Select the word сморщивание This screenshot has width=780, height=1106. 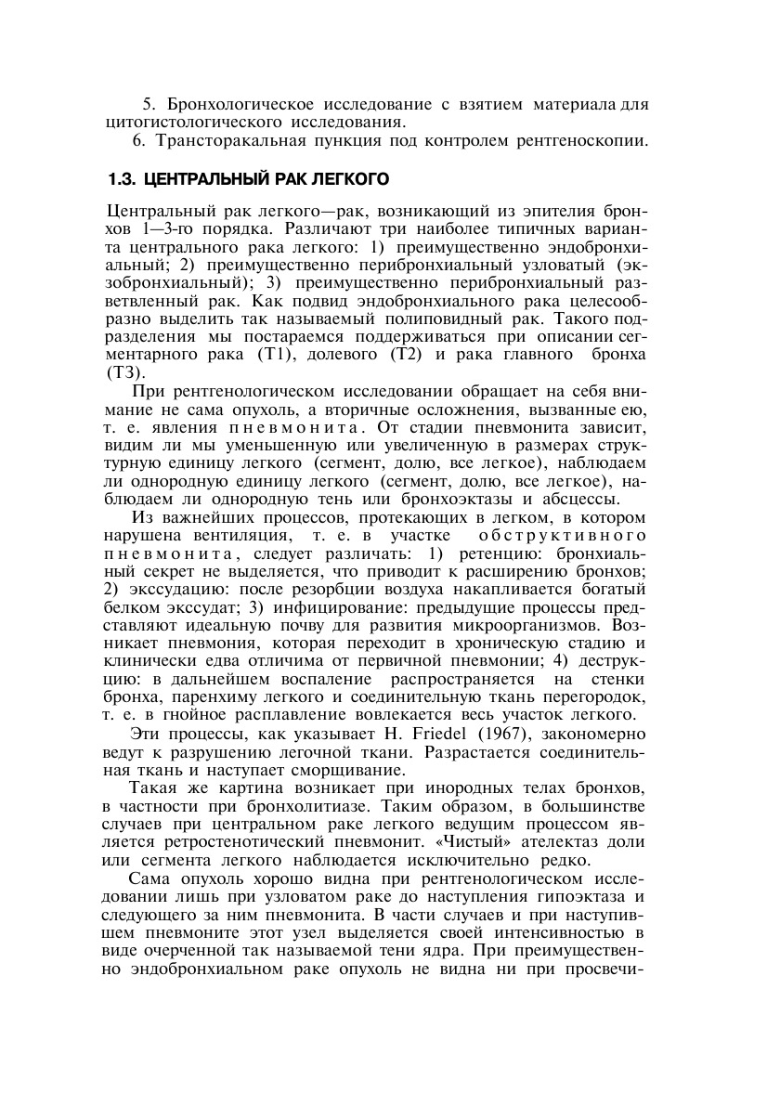[x=346, y=770]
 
